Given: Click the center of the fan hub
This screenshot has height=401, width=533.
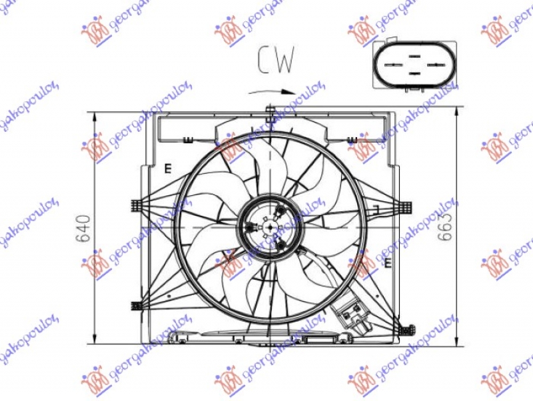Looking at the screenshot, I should (270, 227).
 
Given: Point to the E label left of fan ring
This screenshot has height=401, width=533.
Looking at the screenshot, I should (169, 169).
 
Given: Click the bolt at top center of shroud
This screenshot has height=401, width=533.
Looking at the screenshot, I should (270, 110).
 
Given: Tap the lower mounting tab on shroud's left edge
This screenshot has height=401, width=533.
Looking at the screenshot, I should (137, 306).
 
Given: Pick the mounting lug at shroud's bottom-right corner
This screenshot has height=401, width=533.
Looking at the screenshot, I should (408, 328).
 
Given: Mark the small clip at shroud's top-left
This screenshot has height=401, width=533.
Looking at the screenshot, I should (187, 139).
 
